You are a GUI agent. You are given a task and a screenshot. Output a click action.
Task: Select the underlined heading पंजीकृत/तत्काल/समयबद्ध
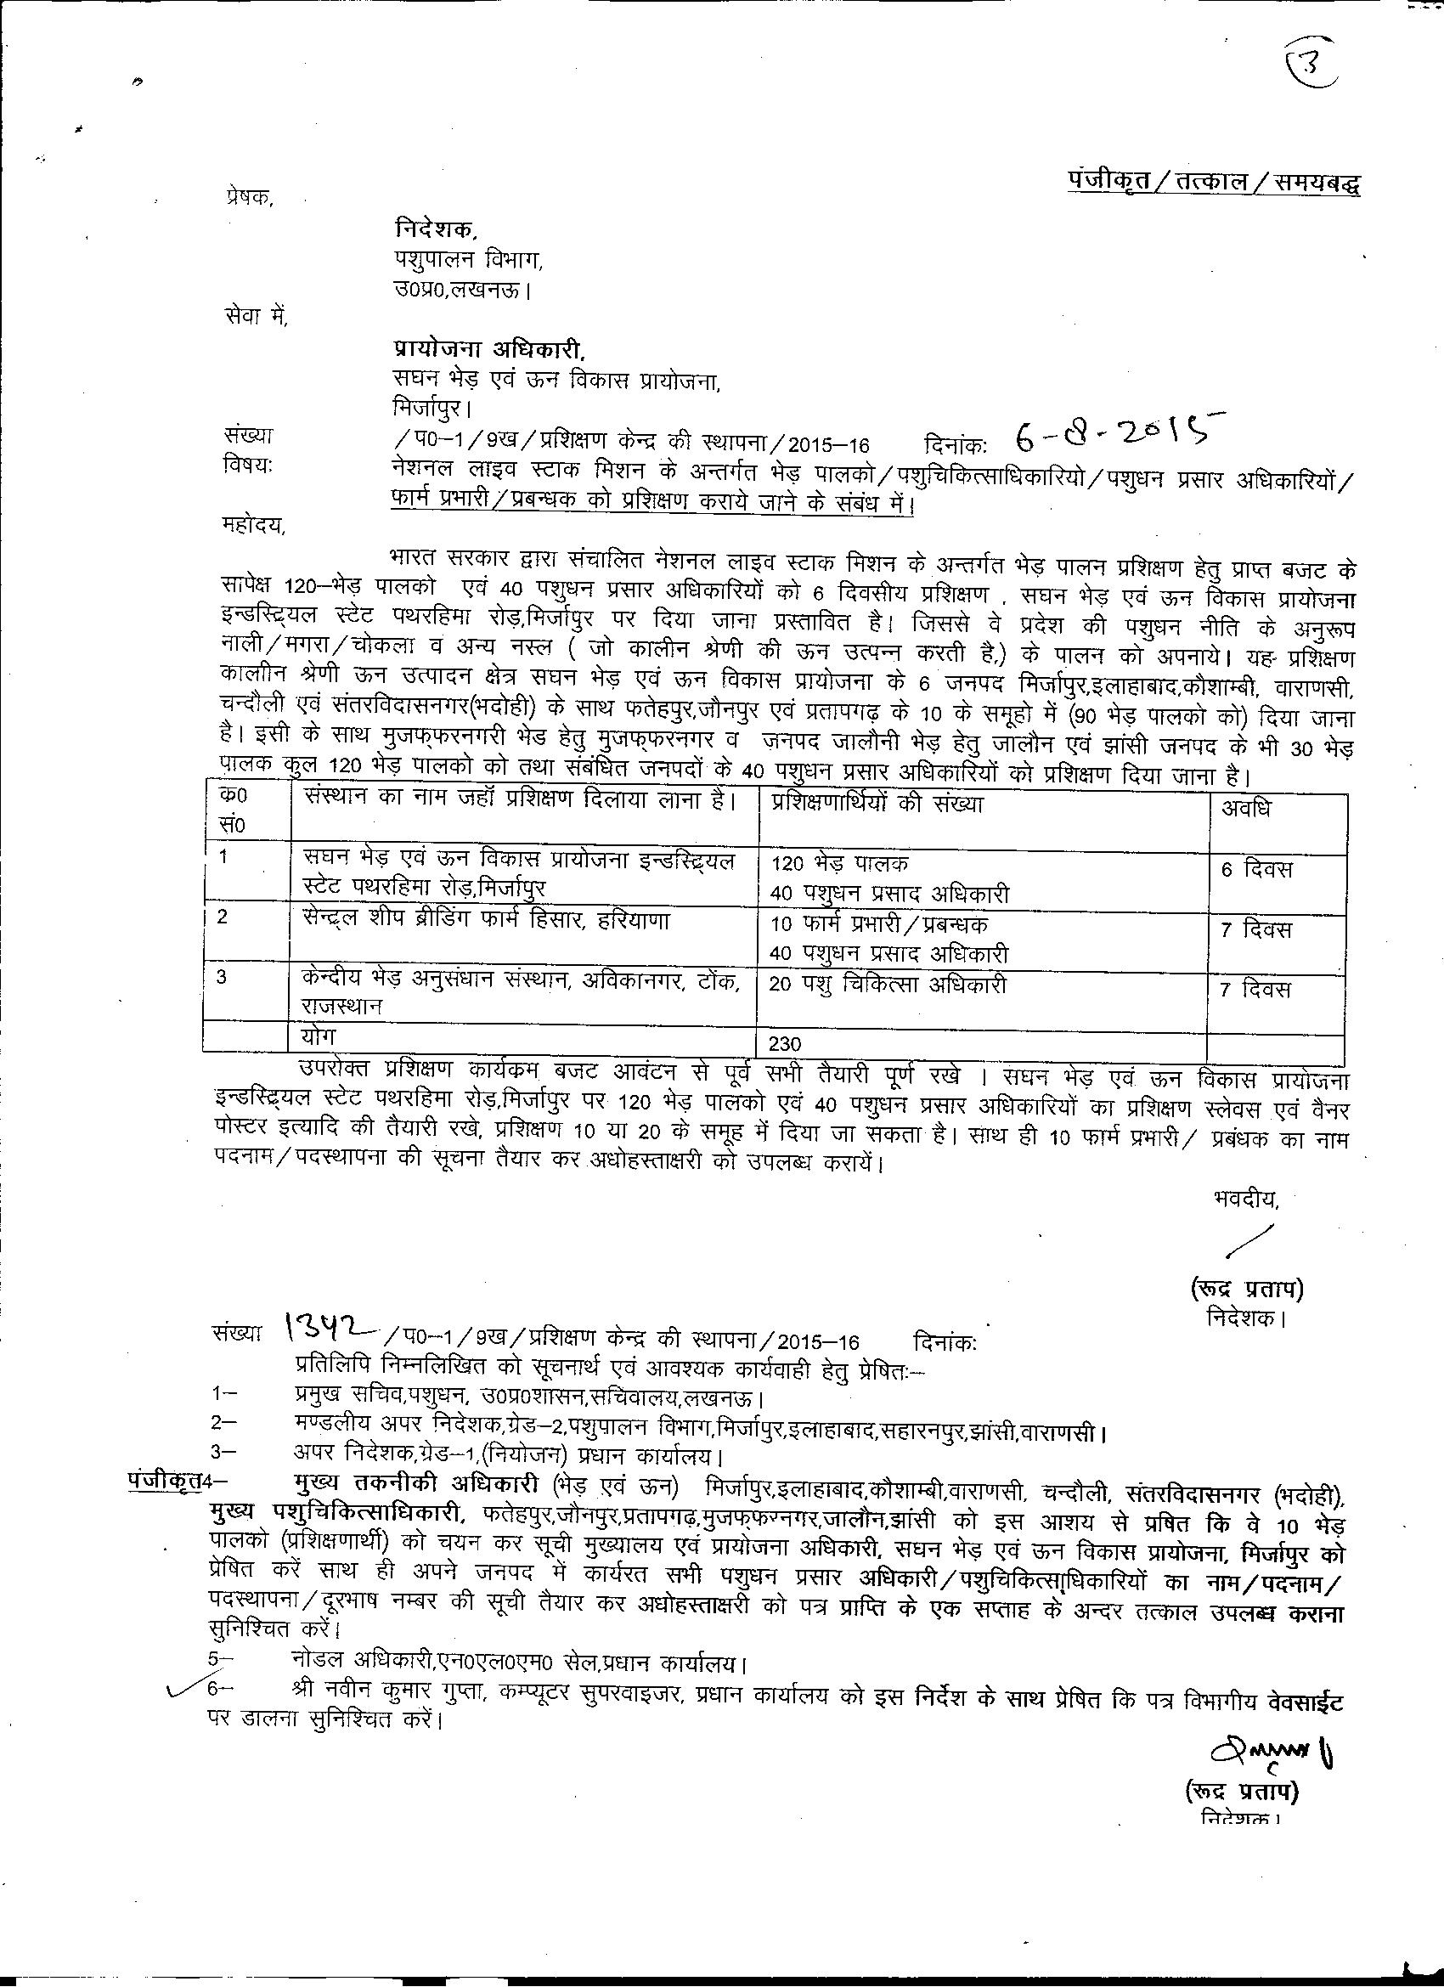[1213, 183]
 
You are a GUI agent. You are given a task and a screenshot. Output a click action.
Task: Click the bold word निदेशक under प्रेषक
[436, 229]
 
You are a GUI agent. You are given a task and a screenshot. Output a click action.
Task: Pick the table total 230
[784, 1043]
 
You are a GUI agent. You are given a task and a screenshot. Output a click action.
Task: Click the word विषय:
[248, 466]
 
